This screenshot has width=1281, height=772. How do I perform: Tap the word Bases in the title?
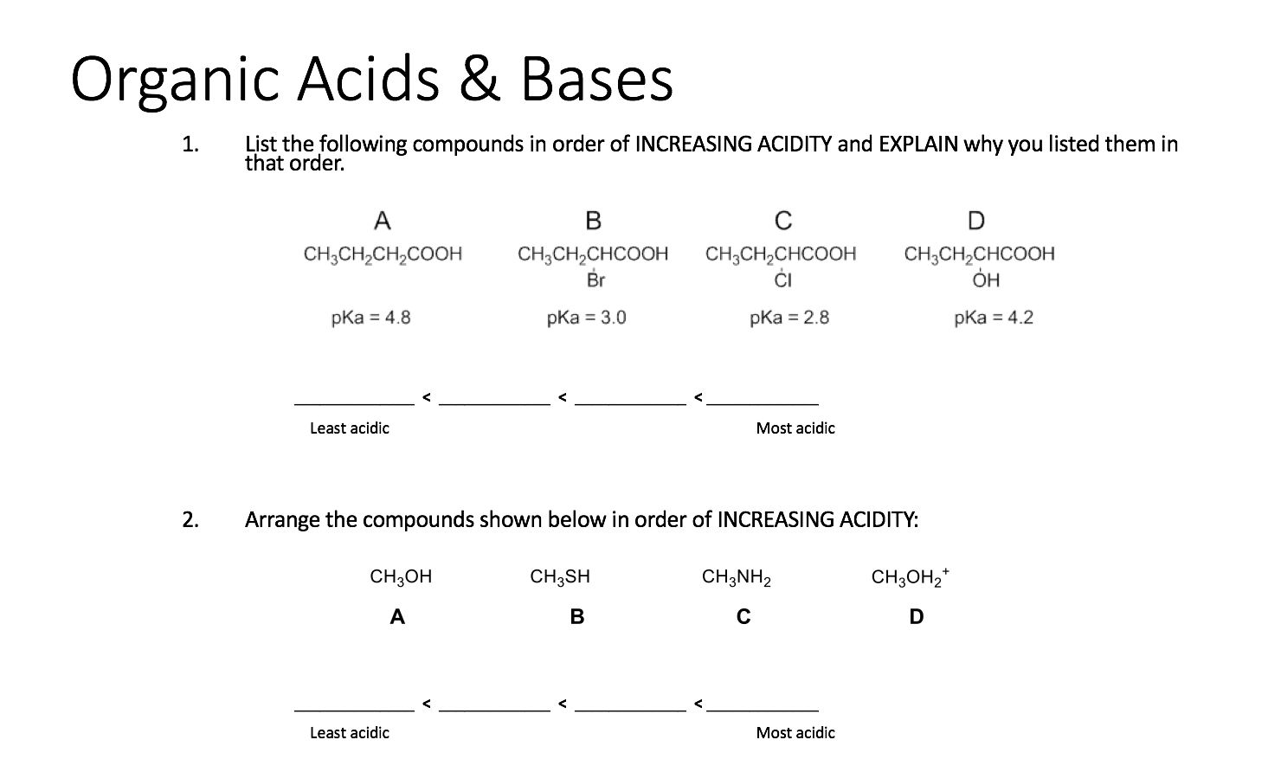click(597, 80)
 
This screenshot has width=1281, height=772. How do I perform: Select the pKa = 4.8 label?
click(370, 318)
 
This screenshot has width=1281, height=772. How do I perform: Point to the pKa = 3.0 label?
click(586, 318)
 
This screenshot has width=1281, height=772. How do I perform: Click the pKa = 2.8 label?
click(789, 318)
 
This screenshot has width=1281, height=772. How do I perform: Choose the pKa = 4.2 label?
click(994, 318)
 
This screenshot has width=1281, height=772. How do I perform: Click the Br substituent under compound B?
click(596, 280)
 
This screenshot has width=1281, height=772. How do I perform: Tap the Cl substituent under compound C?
click(782, 280)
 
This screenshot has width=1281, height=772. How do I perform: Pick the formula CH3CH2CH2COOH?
click(383, 254)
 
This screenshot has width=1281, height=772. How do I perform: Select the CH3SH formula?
click(560, 577)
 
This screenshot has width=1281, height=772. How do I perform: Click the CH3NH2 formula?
click(737, 577)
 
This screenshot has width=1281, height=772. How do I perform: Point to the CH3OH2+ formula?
click(911, 577)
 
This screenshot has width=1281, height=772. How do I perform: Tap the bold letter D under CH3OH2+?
click(917, 617)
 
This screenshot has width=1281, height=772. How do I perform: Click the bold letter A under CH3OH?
click(397, 617)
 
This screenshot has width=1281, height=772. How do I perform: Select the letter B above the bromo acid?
click(593, 222)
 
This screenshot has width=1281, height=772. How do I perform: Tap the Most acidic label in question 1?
click(795, 428)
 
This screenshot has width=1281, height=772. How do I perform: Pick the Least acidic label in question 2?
click(350, 733)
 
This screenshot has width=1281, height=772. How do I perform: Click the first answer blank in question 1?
click(354, 400)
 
